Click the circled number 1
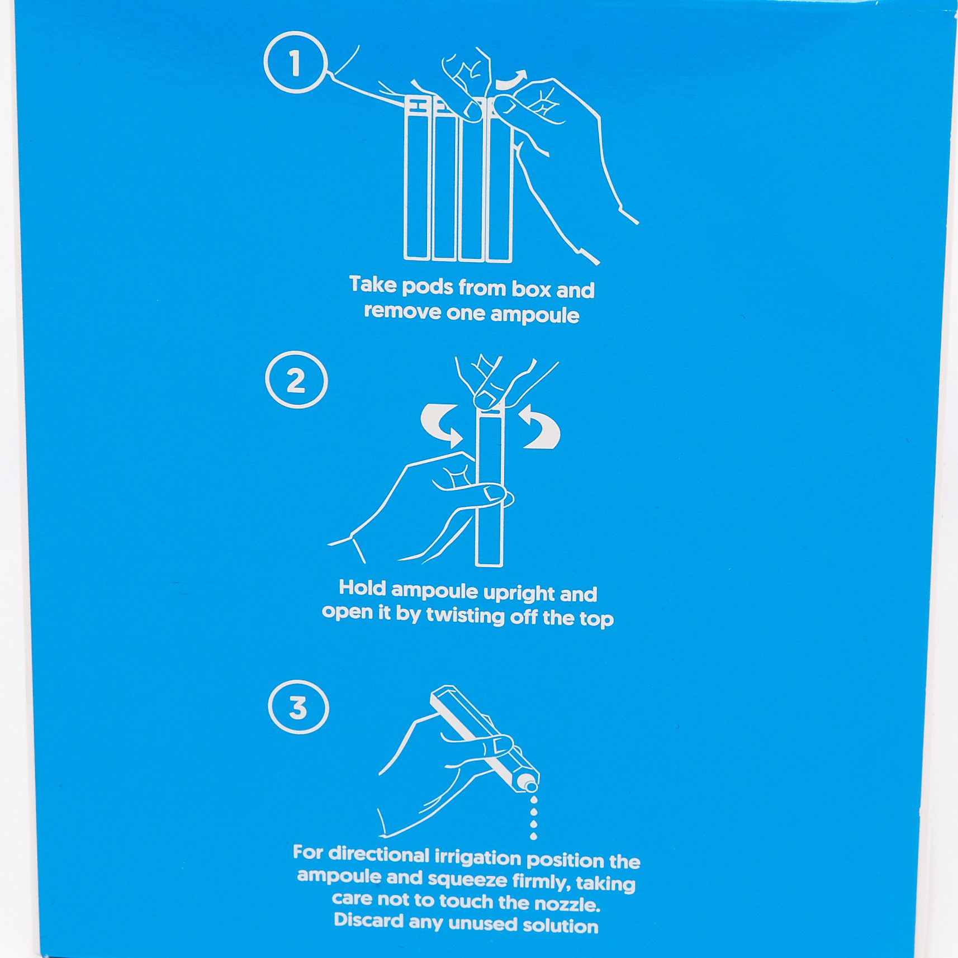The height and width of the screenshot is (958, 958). pyautogui.click(x=295, y=63)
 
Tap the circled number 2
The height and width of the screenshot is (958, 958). pyautogui.click(x=296, y=380)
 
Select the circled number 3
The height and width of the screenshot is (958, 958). pyautogui.click(x=298, y=706)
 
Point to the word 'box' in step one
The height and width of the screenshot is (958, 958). pyautogui.click(x=531, y=289)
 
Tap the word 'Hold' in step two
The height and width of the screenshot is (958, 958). pyautogui.click(x=362, y=587)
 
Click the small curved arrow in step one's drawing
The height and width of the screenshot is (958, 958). pyautogui.click(x=511, y=80)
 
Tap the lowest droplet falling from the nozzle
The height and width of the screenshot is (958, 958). pyautogui.click(x=533, y=836)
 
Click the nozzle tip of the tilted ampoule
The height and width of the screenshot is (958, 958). pyautogui.click(x=530, y=785)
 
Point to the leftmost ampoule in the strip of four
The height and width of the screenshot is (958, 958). pyautogui.click(x=417, y=179)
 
